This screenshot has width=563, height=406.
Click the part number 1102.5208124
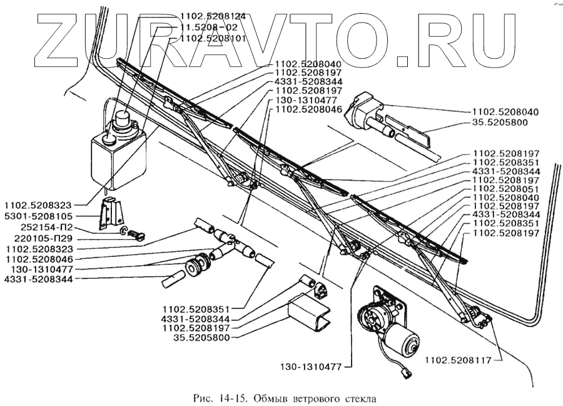pos(213,16)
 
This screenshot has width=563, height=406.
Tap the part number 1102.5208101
pos(213,38)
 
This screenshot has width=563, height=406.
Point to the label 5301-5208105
pos(38,216)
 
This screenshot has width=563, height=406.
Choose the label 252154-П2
pos(43,227)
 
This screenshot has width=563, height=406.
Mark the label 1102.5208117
pos(458,360)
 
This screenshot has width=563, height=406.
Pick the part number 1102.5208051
pos(506,189)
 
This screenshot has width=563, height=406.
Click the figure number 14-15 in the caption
pos(234,399)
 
